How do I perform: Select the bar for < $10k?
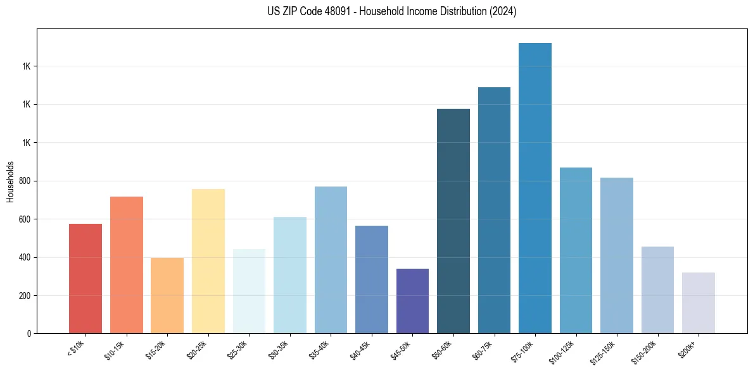click(85, 278)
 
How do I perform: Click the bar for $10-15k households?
click(126, 265)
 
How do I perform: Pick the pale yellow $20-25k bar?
click(208, 260)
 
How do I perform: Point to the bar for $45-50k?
click(412, 301)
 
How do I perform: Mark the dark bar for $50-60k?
click(453, 221)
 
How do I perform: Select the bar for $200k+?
click(699, 303)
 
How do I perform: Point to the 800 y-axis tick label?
click(25, 181)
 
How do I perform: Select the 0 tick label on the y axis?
click(30, 333)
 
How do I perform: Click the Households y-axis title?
click(10, 182)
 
